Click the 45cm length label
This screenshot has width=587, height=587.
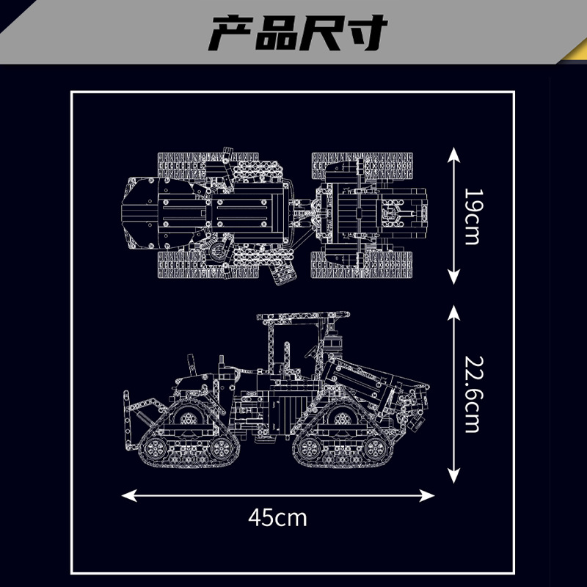pyautogui.click(x=277, y=518)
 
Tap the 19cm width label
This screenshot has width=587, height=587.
pyautogui.click(x=472, y=216)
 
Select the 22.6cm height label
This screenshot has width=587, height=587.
pyautogui.click(x=472, y=394)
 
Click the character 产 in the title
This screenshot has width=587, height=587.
pyautogui.click(x=230, y=33)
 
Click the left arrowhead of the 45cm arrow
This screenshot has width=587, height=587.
pyautogui.click(x=128, y=496)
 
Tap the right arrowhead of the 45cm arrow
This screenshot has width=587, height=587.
pyautogui.click(x=427, y=496)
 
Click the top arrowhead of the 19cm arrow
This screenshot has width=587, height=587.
pyautogui.click(x=453, y=154)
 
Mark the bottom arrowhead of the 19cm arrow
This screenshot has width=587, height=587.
pyautogui.click(x=453, y=277)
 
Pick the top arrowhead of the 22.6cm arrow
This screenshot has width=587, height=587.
pyautogui.click(x=453, y=313)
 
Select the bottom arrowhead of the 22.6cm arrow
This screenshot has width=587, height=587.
pyautogui.click(x=453, y=475)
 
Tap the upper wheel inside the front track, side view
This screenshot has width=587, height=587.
pyautogui.click(x=189, y=418)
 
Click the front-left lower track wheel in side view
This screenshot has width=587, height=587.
pyautogui.click(x=153, y=448)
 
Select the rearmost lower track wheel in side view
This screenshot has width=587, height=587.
pyautogui.click(x=376, y=448)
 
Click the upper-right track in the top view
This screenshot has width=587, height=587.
pyautogui.click(x=362, y=165)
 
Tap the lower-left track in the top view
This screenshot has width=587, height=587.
pyautogui.click(x=208, y=265)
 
